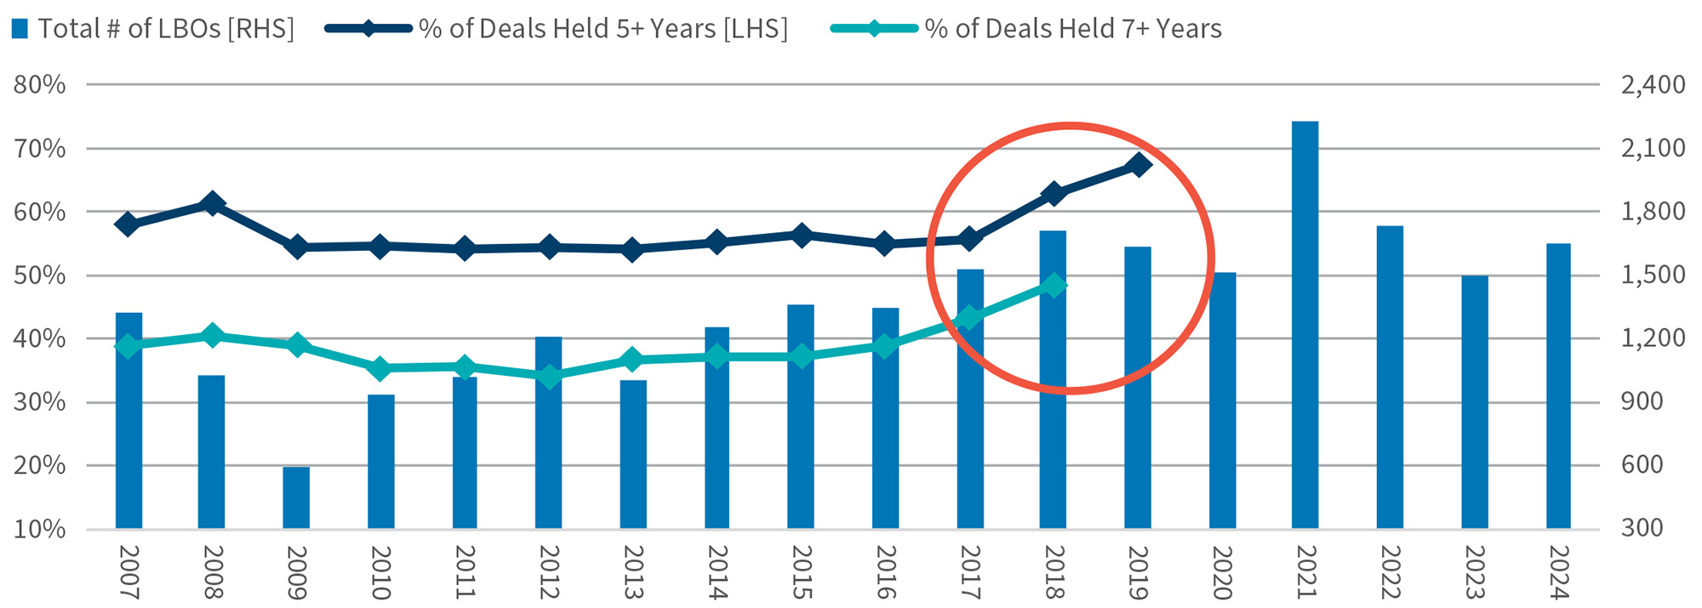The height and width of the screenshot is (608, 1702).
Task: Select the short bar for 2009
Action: pyautogui.click(x=296, y=497)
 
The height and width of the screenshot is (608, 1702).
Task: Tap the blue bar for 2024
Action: pyautogui.click(x=1558, y=386)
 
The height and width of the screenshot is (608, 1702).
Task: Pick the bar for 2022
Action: pyautogui.click(x=1390, y=378)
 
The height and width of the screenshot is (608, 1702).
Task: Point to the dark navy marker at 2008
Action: pyautogui.click(x=212, y=204)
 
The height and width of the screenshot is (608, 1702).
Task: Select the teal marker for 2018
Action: pyautogui.click(x=1054, y=286)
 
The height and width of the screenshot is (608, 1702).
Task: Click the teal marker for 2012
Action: pyautogui.click(x=549, y=377)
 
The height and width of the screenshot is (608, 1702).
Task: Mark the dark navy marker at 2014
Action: pyautogui.click(x=717, y=242)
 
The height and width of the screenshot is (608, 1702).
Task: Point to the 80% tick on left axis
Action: pyautogui.click(x=39, y=84)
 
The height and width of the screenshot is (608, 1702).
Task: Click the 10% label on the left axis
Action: pyautogui.click(x=39, y=529)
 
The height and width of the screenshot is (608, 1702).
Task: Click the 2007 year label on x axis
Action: pyautogui.click(x=129, y=572)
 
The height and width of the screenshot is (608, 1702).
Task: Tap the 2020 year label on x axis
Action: pyautogui.click(x=1222, y=572)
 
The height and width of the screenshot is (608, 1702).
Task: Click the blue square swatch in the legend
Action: pyautogui.click(x=20, y=29)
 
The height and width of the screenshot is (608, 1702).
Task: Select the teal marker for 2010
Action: pyautogui.click(x=380, y=368)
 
